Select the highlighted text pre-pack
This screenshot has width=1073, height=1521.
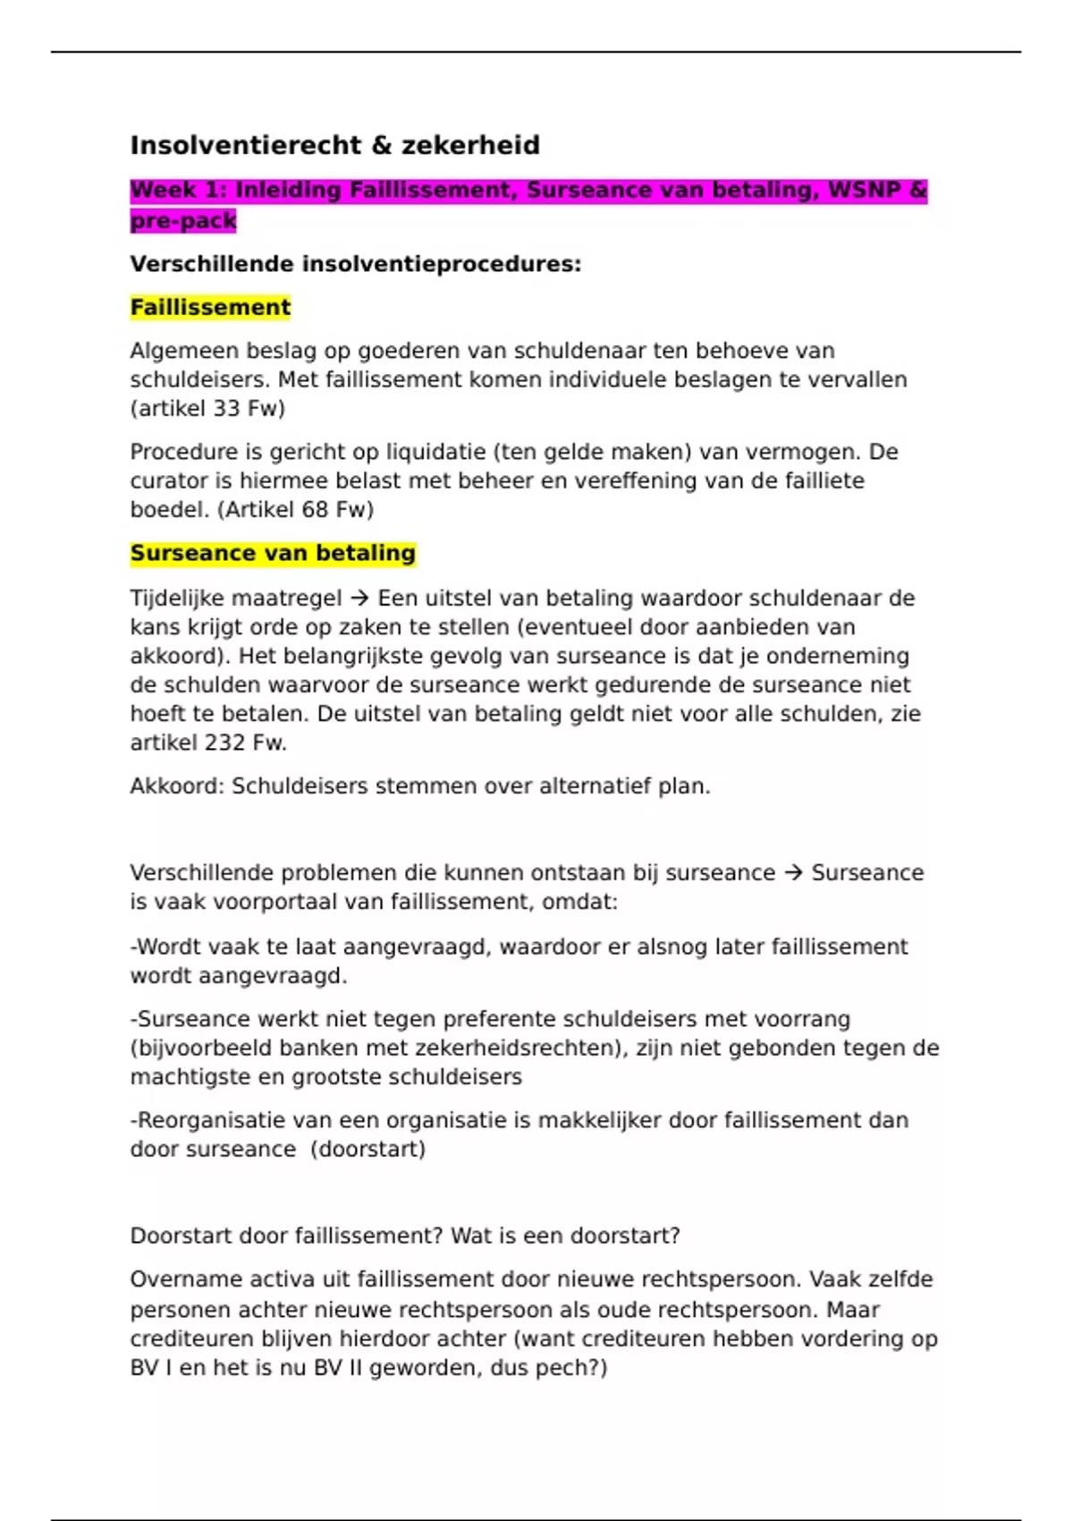click(183, 221)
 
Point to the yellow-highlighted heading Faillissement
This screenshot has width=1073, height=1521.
click(210, 308)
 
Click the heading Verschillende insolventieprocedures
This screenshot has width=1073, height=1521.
click(355, 264)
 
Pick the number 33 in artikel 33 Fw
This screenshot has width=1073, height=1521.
click(226, 409)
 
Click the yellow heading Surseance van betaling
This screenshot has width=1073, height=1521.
click(273, 554)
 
